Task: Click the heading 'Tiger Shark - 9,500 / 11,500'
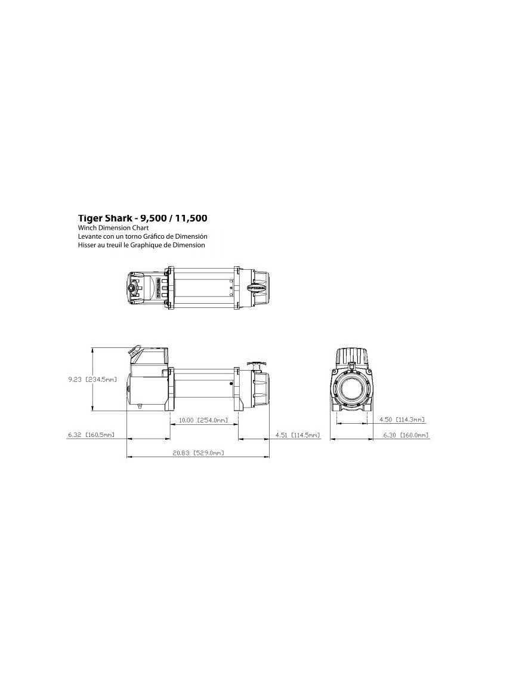(143, 218)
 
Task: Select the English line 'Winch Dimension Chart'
(113, 228)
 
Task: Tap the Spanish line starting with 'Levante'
(143, 236)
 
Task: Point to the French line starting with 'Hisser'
(141, 245)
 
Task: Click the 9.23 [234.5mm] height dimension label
(92, 380)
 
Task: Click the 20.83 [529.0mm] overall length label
(198, 453)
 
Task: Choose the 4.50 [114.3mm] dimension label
(402, 420)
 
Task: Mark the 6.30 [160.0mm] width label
(406, 435)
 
